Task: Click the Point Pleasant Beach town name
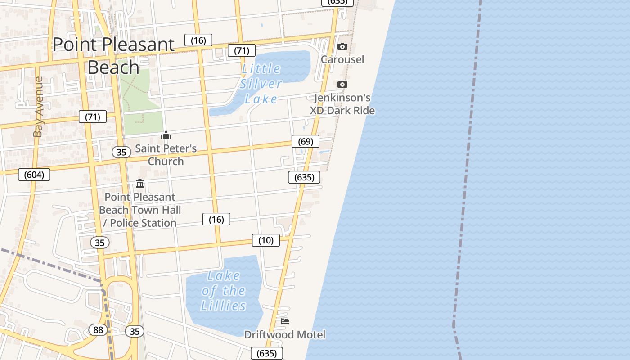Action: [113, 56]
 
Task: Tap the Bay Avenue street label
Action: [38, 107]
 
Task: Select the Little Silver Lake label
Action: [261, 84]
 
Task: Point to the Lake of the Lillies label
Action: [224, 291]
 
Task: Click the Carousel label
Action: [342, 59]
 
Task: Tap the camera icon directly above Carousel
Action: [342, 46]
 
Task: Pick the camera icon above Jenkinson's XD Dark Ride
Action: [342, 84]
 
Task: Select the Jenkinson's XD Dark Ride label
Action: [342, 104]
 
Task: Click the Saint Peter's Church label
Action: [166, 155]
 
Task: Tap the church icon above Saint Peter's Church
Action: [166, 135]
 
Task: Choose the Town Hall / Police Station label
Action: [140, 210]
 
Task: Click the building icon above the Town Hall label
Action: [140, 184]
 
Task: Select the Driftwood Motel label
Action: [285, 334]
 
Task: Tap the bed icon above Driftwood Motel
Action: [285, 321]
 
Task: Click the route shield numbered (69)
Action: [306, 141]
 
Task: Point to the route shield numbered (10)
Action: [266, 240]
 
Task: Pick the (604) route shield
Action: [34, 175]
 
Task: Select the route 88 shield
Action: [98, 330]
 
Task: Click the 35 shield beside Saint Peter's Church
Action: [121, 152]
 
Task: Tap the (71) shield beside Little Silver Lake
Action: [242, 50]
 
